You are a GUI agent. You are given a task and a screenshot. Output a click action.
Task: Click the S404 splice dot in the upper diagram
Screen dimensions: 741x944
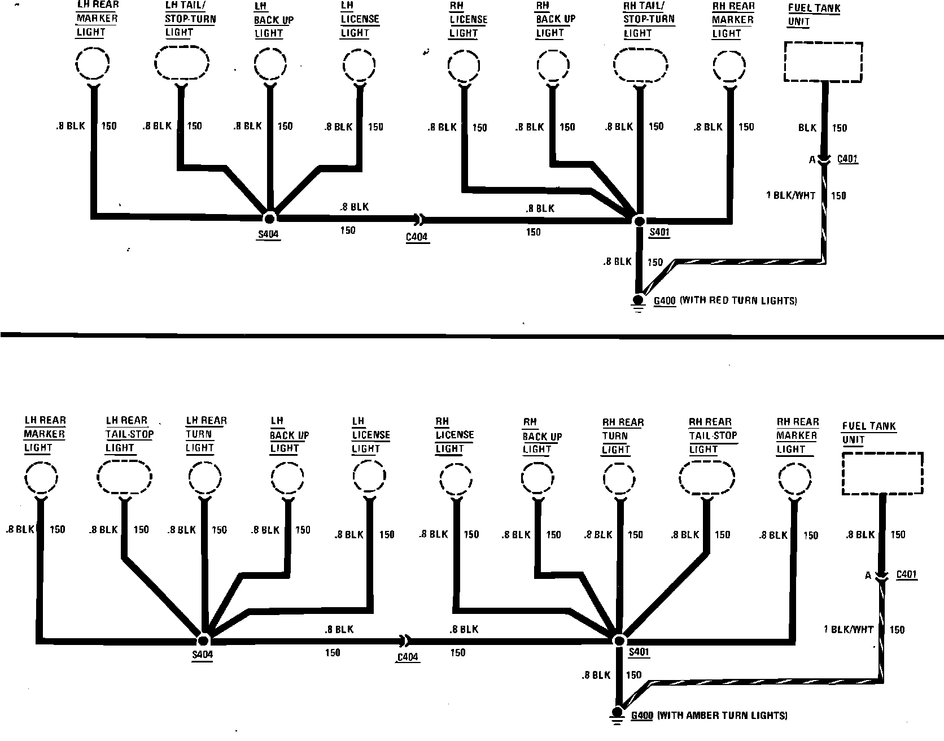(x=269, y=219)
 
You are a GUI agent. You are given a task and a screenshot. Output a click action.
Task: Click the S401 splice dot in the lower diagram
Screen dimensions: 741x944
(x=619, y=640)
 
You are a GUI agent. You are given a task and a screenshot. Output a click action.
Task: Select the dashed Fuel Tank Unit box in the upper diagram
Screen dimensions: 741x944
(x=823, y=62)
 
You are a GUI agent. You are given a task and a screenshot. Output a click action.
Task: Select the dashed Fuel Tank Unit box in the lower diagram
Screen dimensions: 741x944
(x=882, y=473)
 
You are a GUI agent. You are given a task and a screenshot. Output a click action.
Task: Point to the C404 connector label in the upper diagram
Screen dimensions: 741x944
(x=417, y=237)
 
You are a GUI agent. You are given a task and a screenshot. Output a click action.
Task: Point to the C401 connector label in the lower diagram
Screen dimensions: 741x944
(x=907, y=575)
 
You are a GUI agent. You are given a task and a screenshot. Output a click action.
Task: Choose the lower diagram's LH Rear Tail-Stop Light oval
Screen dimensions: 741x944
(x=124, y=478)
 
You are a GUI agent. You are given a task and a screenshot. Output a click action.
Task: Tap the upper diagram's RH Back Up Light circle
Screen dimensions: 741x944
(x=553, y=67)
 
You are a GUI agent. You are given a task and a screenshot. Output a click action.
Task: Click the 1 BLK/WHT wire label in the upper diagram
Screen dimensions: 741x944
(x=790, y=195)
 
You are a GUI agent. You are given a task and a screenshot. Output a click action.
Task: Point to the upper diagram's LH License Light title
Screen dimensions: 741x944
(x=360, y=20)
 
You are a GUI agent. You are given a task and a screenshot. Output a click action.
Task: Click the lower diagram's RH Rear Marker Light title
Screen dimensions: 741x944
(x=797, y=435)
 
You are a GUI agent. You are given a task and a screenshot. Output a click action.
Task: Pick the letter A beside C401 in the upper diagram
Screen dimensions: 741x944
(x=812, y=160)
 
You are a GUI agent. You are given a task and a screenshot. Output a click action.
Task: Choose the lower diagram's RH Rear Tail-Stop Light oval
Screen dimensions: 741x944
(x=707, y=479)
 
